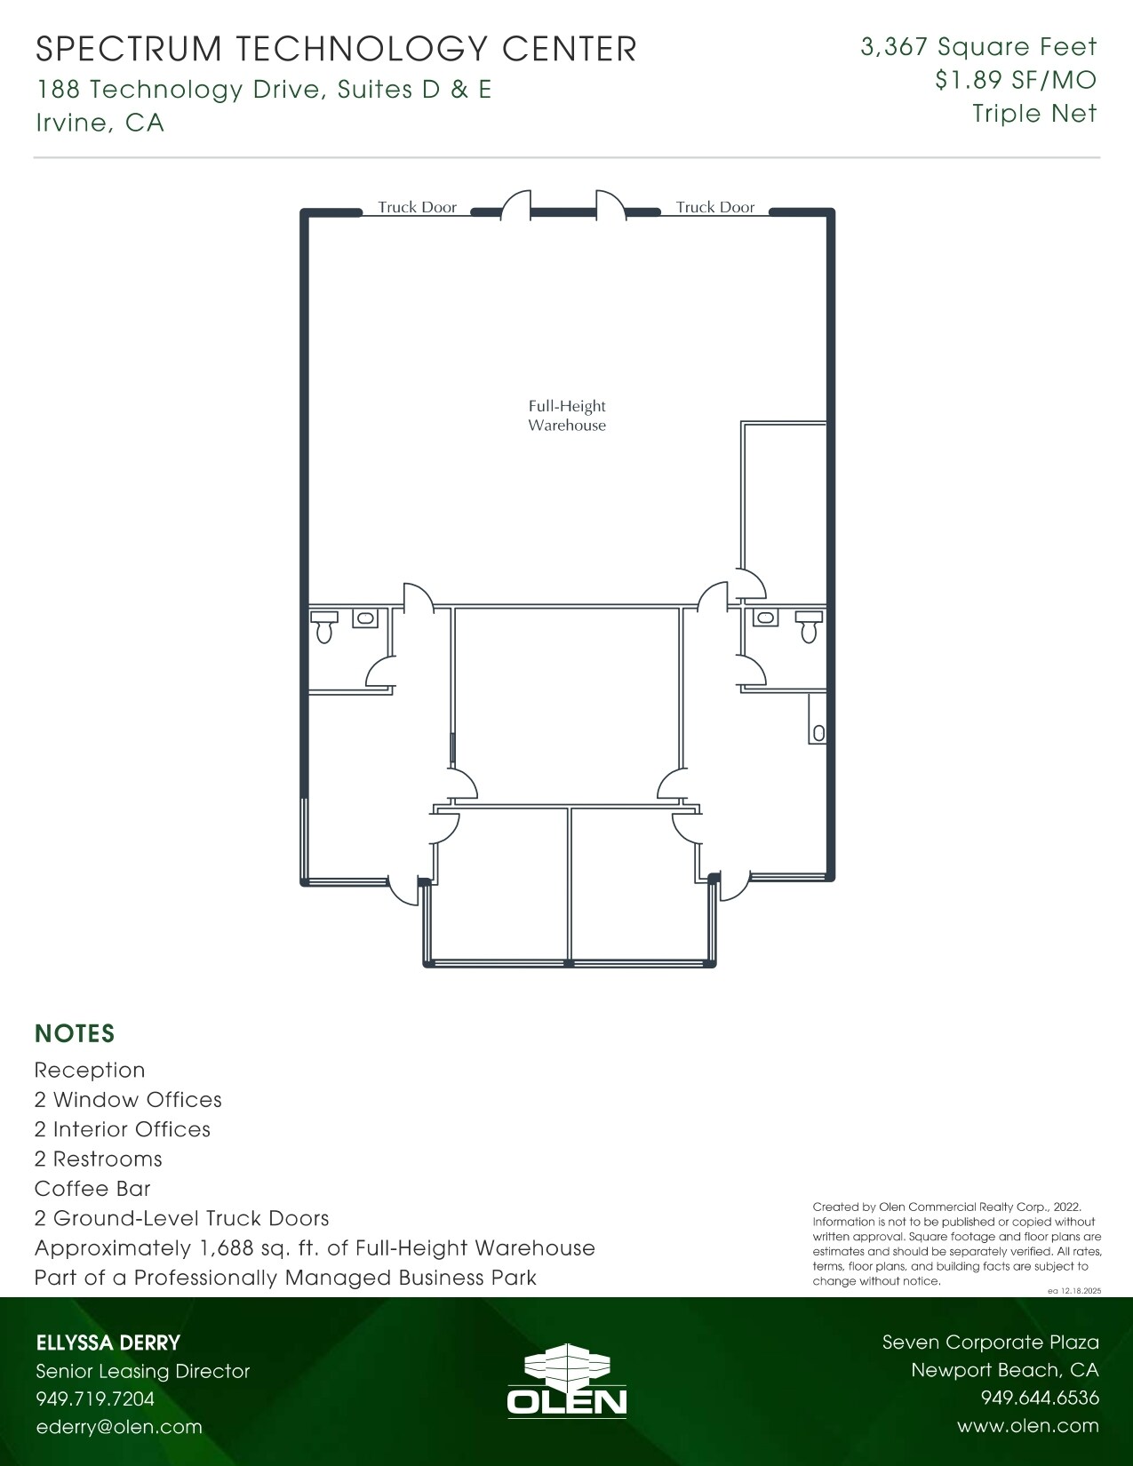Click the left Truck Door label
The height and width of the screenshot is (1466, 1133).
click(417, 207)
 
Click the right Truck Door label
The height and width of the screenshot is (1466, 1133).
click(714, 207)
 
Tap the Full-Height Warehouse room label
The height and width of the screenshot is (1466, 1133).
click(567, 416)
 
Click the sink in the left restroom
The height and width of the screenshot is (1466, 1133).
click(364, 617)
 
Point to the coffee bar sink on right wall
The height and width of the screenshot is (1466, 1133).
click(818, 733)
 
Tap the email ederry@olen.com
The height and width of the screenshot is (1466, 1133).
click(119, 1427)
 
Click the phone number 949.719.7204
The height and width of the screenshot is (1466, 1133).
click(95, 1398)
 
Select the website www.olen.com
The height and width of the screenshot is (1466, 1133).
click(1027, 1426)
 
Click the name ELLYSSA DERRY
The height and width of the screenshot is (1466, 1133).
click(108, 1343)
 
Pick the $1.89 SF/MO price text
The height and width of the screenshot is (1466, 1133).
click(1015, 80)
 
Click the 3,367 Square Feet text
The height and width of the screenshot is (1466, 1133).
click(978, 47)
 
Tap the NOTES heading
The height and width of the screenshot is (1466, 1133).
click(75, 1033)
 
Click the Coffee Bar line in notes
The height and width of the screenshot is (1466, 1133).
click(92, 1189)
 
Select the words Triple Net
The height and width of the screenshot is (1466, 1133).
click(1034, 114)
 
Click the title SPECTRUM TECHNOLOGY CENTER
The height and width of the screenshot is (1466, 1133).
click(336, 49)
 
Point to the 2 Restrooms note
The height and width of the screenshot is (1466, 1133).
click(99, 1159)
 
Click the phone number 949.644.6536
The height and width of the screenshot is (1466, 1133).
click(1040, 1398)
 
